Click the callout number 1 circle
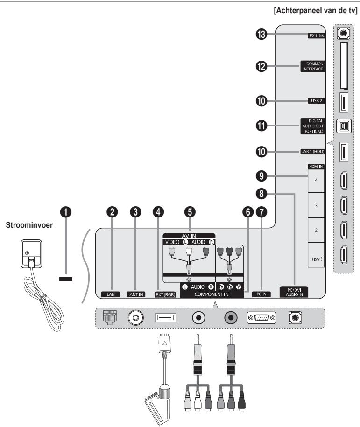[x=66, y=211]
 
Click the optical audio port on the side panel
[x=343, y=126]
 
